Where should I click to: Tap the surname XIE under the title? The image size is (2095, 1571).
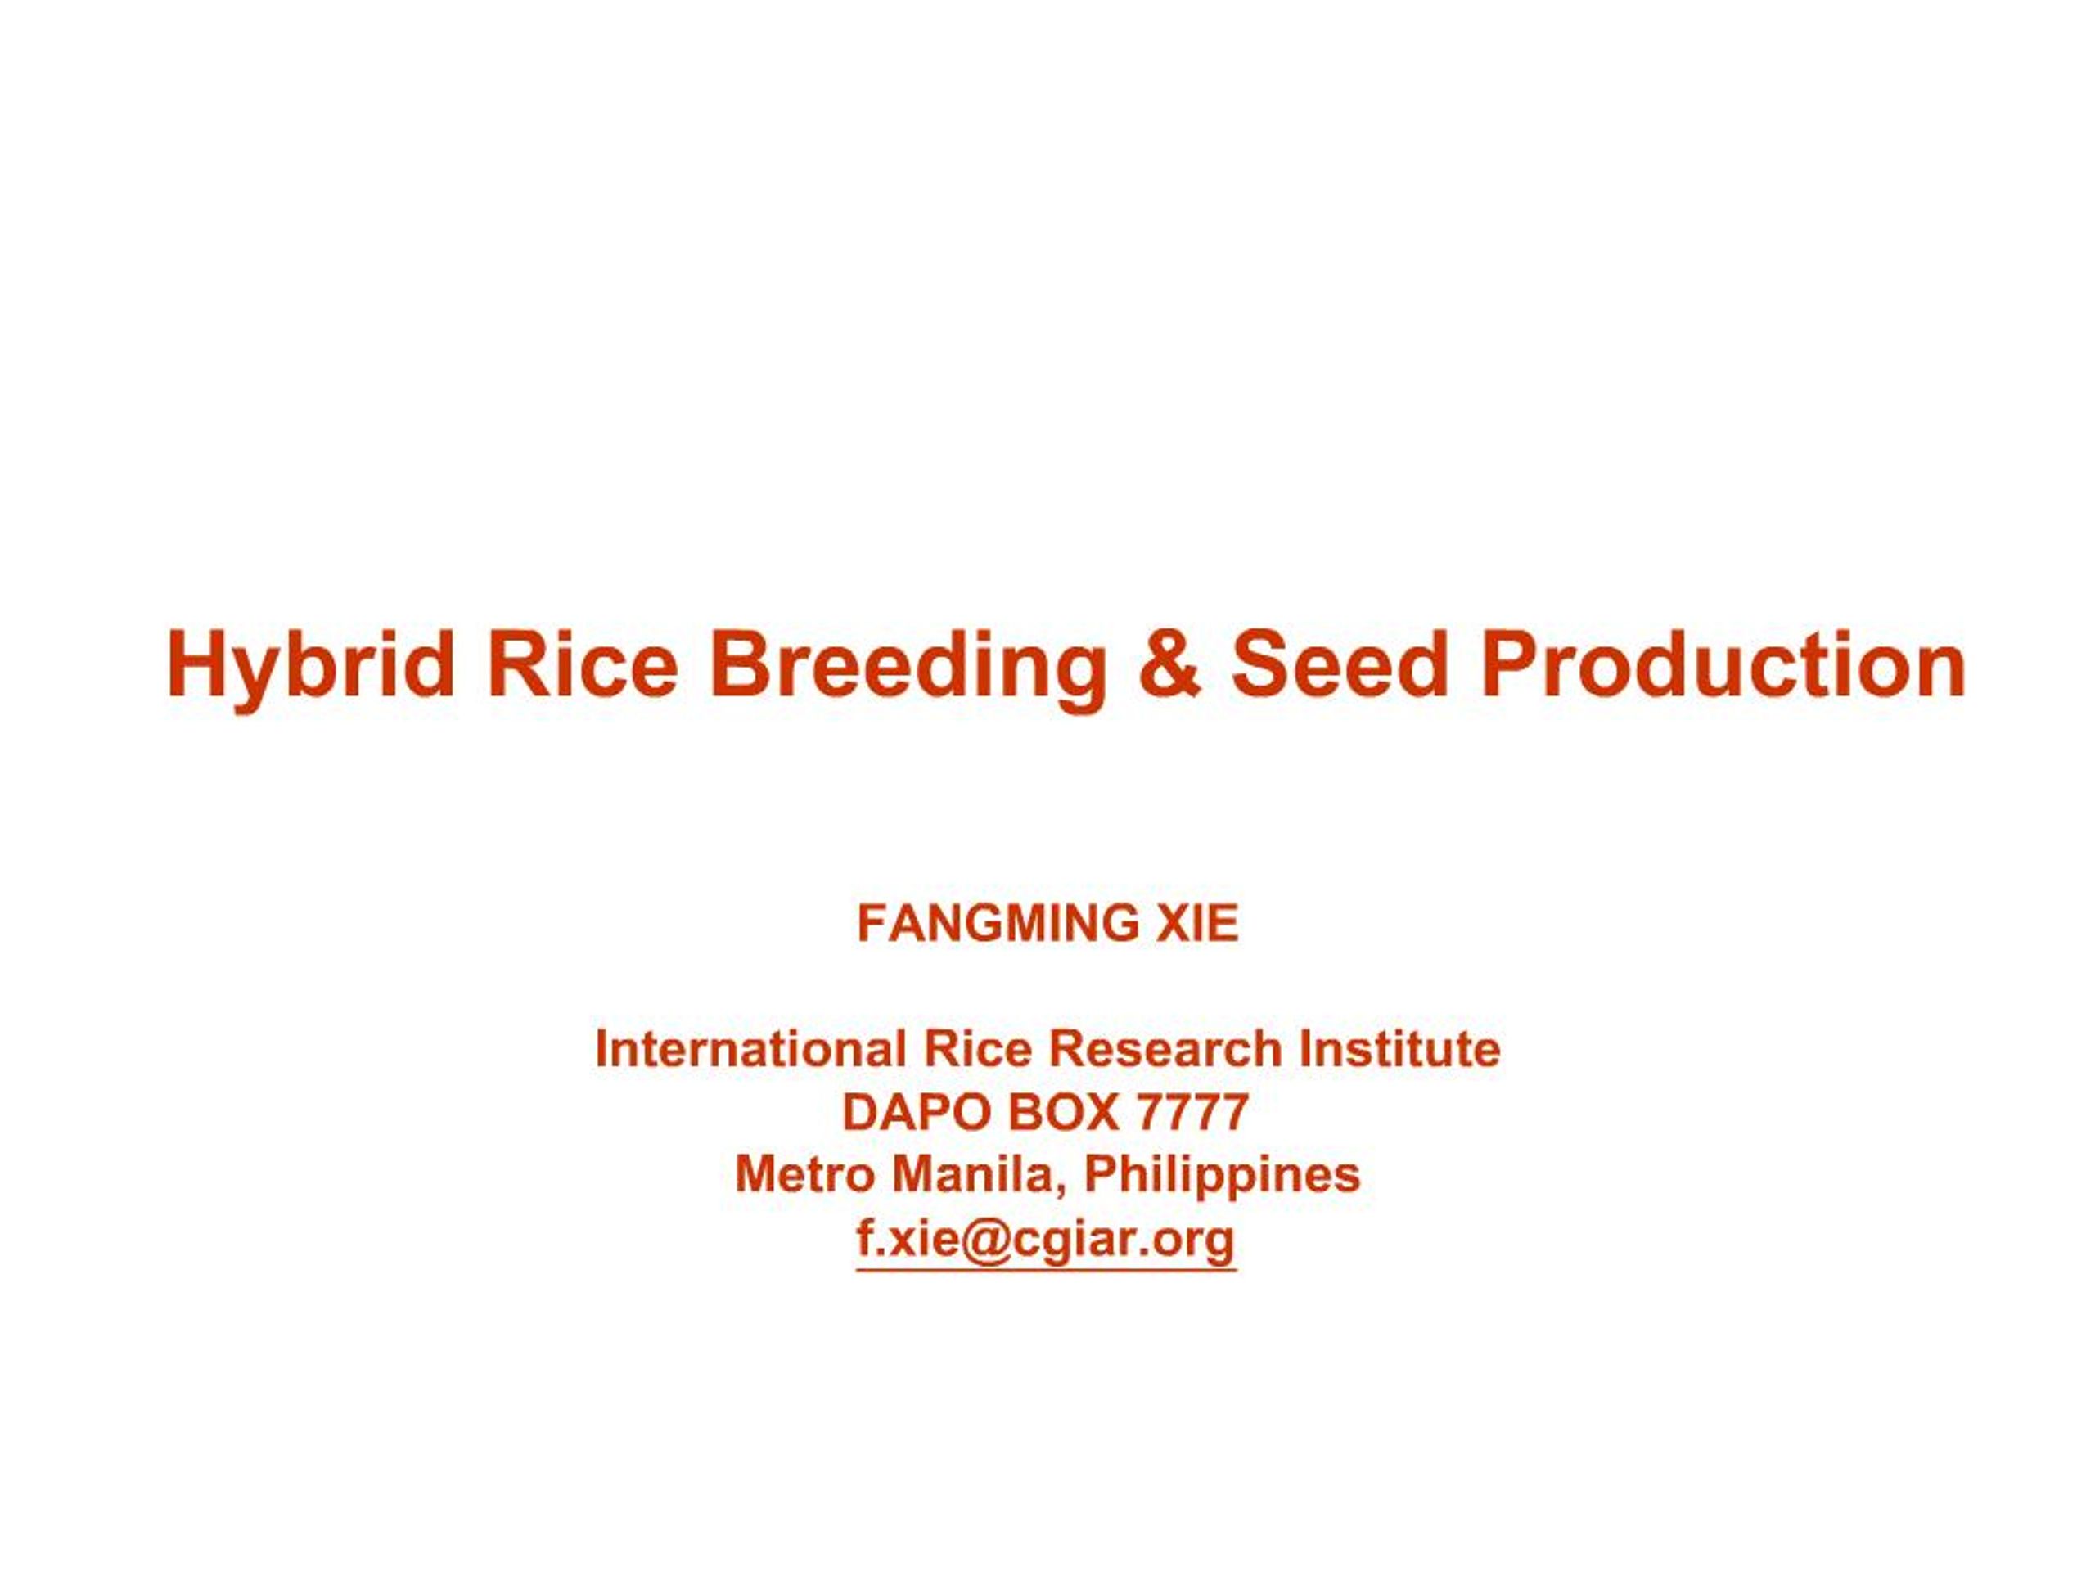click(x=1196, y=923)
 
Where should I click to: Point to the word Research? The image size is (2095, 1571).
click(x=1165, y=1049)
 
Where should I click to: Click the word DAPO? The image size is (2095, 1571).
click(x=917, y=1112)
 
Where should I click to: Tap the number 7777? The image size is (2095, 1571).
click(x=1194, y=1112)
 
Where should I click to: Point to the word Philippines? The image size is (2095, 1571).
click(x=1222, y=1174)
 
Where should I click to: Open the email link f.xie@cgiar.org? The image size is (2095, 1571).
click(x=1047, y=1239)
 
